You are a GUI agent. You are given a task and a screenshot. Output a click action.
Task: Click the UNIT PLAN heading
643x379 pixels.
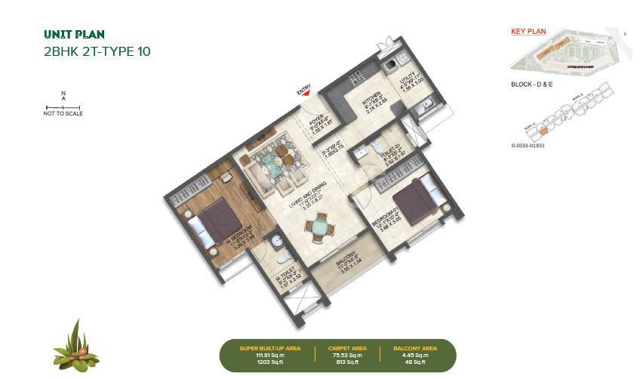(x=74, y=34)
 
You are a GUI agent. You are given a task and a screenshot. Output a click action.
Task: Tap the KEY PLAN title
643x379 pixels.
(x=528, y=32)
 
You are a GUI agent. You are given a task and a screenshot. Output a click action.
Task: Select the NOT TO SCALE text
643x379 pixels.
(x=63, y=114)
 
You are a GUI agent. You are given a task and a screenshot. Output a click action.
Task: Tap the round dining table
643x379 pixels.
(x=321, y=227)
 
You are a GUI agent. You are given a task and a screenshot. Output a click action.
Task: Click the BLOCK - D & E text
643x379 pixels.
(x=532, y=85)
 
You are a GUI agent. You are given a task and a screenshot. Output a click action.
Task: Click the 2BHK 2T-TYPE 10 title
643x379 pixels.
(x=98, y=52)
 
